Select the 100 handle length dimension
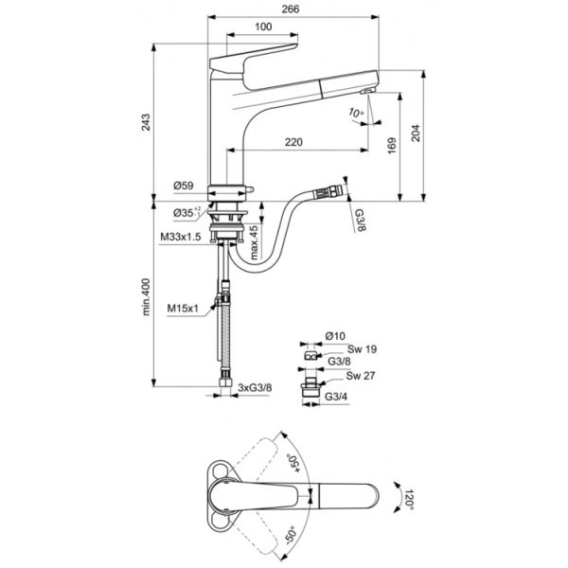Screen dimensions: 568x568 262,27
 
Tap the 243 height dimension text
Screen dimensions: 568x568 145,121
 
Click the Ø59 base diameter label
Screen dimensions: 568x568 184,186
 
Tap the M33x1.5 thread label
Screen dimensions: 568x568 180,237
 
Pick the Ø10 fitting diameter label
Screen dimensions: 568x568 335,335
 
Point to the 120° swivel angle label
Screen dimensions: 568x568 411,498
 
